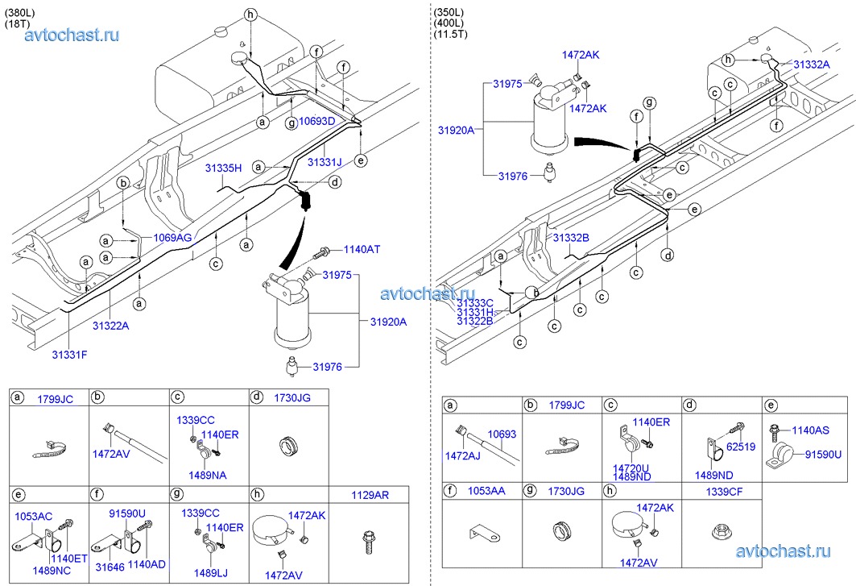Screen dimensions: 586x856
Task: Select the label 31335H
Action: click(223, 168)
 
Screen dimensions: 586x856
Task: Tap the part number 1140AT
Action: click(362, 250)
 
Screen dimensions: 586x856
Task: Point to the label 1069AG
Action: click(172, 239)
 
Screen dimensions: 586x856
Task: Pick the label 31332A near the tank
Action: click(811, 64)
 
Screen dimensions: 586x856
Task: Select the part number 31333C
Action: click(474, 302)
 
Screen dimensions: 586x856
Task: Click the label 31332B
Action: click(571, 238)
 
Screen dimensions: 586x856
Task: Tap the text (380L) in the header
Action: click(21, 12)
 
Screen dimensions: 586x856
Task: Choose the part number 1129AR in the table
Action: click(370, 495)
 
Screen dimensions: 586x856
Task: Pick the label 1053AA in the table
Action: click(488, 489)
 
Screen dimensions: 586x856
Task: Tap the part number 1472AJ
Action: click(462, 456)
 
